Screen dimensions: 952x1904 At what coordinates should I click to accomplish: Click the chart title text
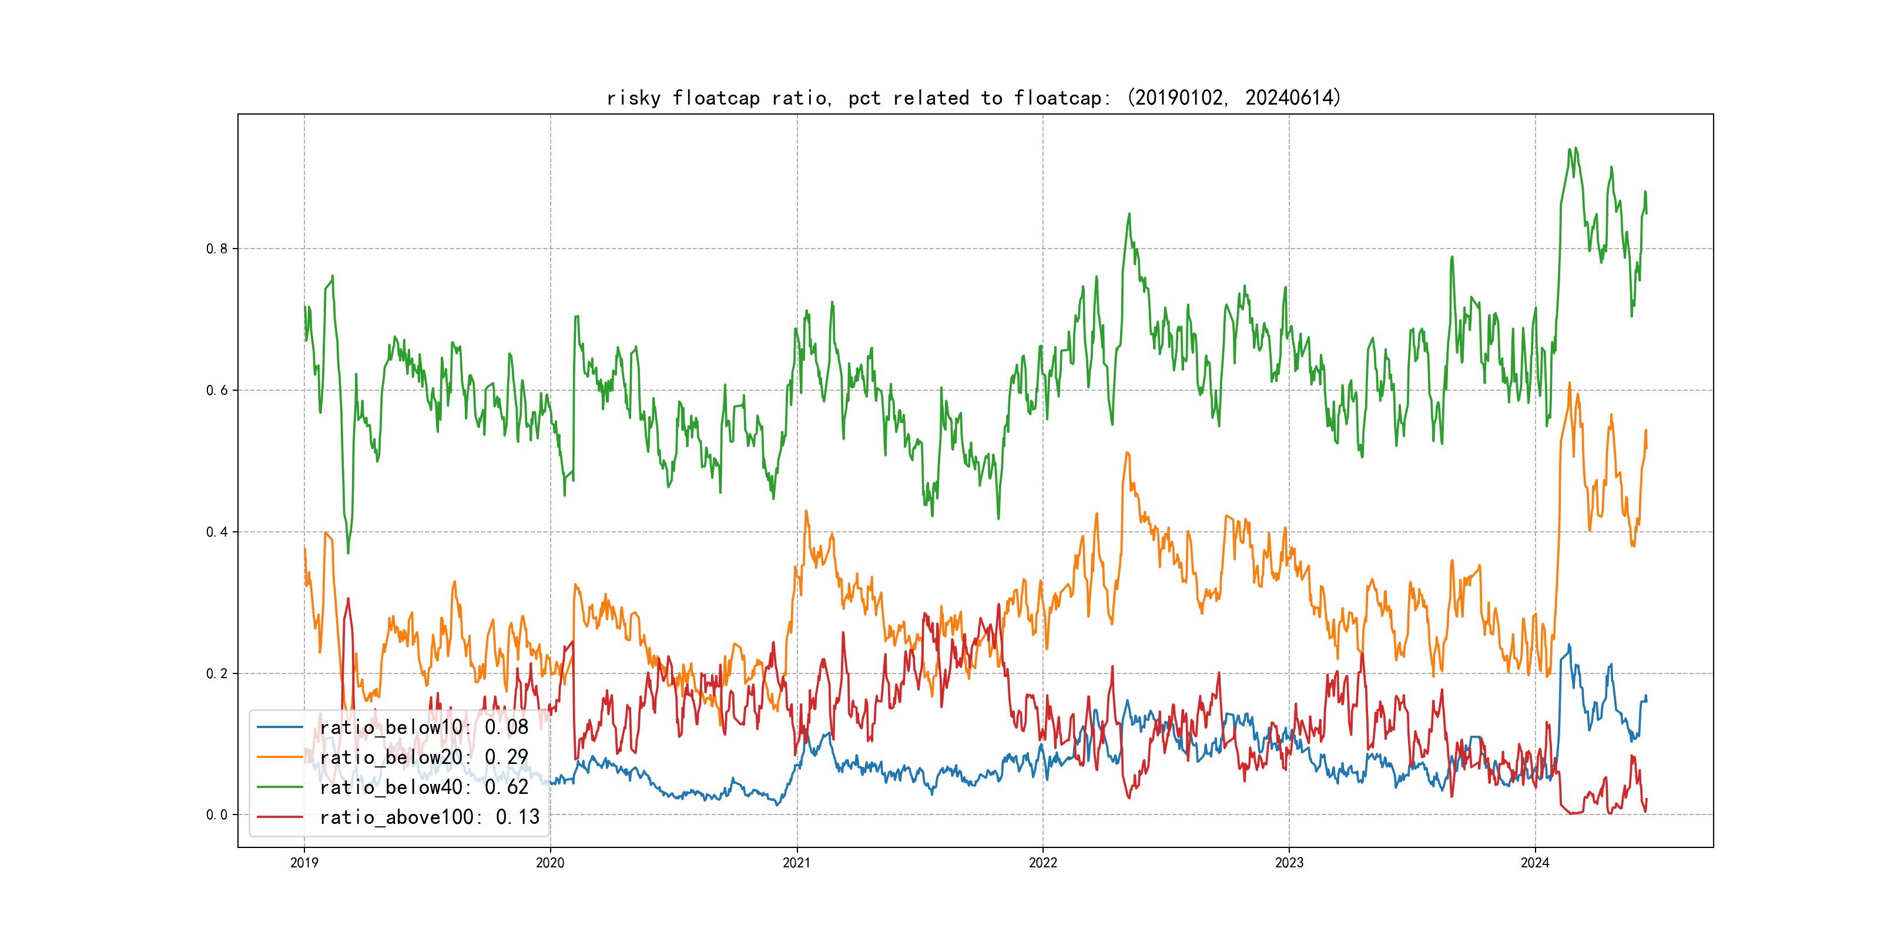pyautogui.click(x=973, y=98)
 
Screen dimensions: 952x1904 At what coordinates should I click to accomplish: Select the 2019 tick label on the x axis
pyautogui.click(x=304, y=863)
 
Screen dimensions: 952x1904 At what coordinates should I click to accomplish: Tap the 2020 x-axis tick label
pyautogui.click(x=550, y=863)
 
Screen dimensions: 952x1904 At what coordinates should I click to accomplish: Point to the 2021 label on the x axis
pyautogui.click(x=796, y=863)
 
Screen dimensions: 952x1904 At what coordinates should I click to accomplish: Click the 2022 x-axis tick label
pyautogui.click(x=1043, y=863)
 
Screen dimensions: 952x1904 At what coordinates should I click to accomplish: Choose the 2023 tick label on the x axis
pyautogui.click(x=1289, y=863)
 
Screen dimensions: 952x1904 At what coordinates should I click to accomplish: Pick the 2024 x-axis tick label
pyautogui.click(x=1535, y=863)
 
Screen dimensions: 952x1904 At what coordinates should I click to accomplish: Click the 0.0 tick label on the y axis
pyautogui.click(x=217, y=815)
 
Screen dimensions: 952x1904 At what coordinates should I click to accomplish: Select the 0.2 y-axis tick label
pyautogui.click(x=217, y=673)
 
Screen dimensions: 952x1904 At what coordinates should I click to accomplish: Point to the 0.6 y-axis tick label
pyautogui.click(x=217, y=390)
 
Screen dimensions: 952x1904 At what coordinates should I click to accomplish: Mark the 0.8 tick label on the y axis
pyautogui.click(x=217, y=249)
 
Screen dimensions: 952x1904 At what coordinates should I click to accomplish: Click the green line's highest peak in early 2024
pyautogui.click(x=1569, y=149)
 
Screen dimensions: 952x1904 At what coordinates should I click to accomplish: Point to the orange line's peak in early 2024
pyautogui.click(x=1569, y=384)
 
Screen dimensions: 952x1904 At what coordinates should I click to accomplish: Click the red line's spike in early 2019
pyautogui.click(x=348, y=599)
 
